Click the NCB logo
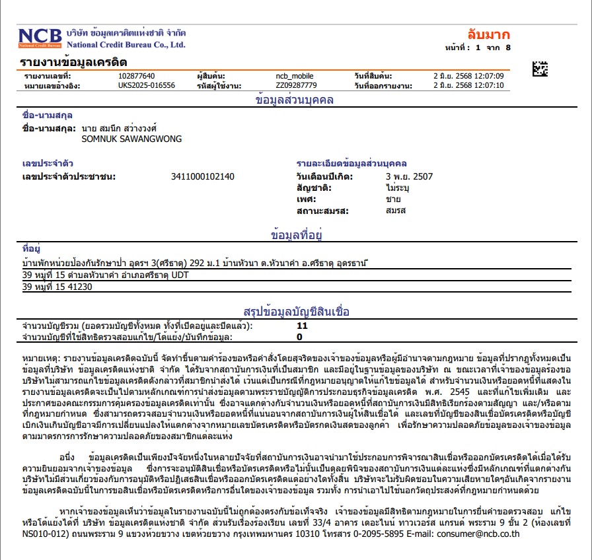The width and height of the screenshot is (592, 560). (x=40, y=38)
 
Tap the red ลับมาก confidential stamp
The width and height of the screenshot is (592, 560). (x=488, y=35)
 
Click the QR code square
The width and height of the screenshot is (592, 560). (x=540, y=68)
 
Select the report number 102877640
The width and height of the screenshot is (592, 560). (x=137, y=76)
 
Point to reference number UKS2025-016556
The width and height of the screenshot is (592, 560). (x=147, y=85)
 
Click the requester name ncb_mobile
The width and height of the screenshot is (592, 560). (x=295, y=76)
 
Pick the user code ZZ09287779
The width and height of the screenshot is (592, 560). (x=296, y=85)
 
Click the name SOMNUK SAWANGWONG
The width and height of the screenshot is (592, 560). (x=131, y=139)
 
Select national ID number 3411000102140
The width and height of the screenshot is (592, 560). (x=203, y=176)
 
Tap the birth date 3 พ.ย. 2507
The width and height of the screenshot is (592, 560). (x=409, y=176)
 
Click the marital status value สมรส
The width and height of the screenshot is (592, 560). (x=396, y=211)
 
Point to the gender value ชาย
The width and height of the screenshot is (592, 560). (x=393, y=199)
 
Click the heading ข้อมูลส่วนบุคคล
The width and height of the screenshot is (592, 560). (x=295, y=100)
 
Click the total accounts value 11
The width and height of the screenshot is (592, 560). (x=302, y=326)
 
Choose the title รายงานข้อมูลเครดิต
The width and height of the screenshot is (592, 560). (x=74, y=62)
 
